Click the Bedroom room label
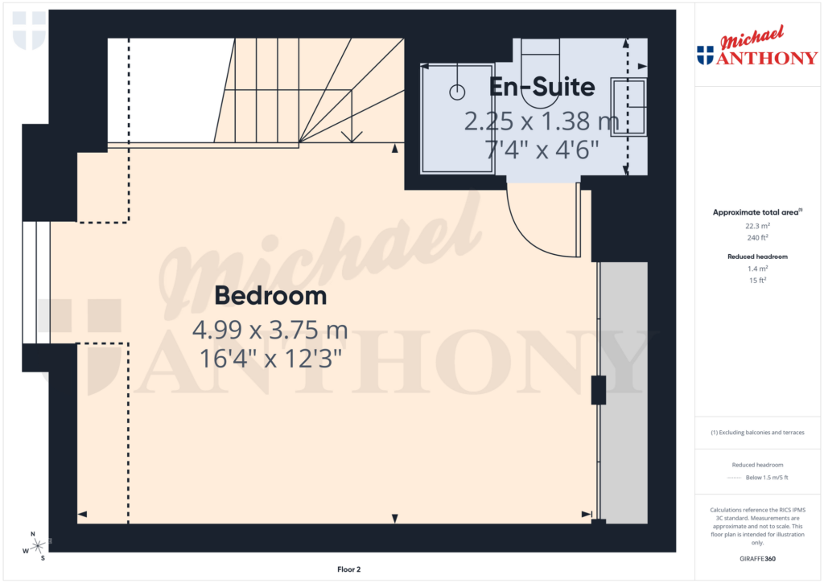(270, 296)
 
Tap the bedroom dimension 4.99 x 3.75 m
(270, 330)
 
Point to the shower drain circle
(457, 92)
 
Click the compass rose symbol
(37, 545)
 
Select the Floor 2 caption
(348, 569)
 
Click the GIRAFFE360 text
(757, 559)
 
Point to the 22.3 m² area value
(757, 226)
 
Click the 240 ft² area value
(757, 237)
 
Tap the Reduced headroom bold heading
(757, 257)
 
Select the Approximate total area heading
(756, 212)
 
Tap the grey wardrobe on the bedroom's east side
(624, 394)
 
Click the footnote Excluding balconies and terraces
(757, 433)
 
